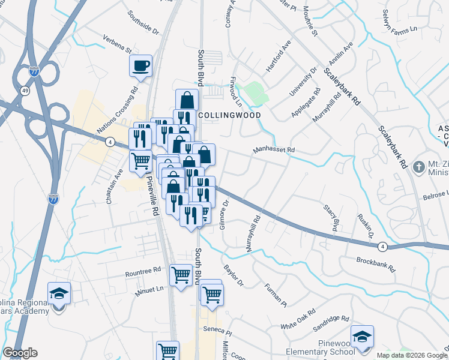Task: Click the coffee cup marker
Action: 141,66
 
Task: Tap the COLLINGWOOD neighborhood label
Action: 221,115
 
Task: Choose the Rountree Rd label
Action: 143,272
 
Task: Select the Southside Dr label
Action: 143,21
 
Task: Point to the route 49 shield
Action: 25,91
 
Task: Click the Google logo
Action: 20,353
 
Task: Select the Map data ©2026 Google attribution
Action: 411,355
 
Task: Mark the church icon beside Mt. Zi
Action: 418,169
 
